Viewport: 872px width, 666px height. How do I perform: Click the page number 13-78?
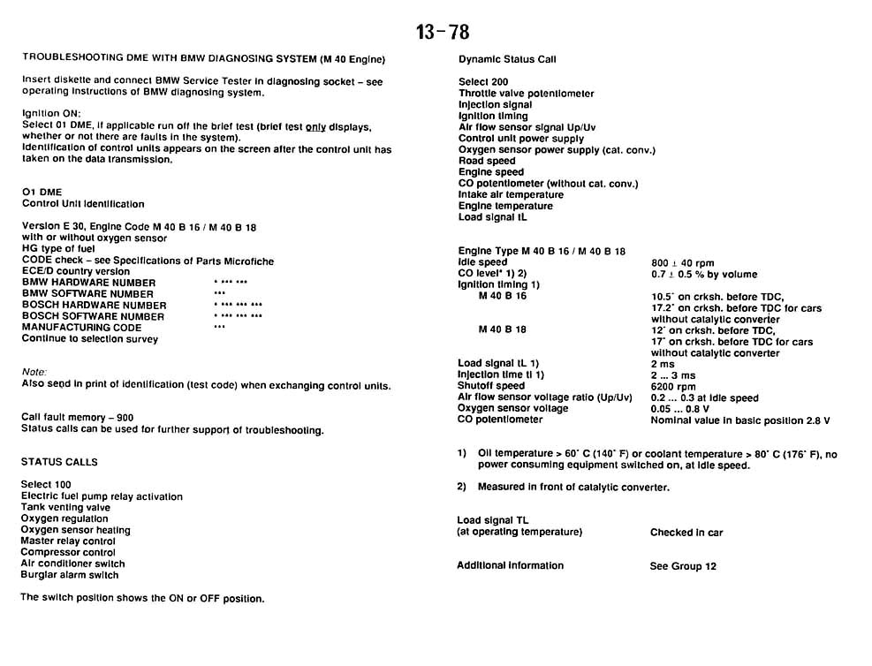(x=443, y=33)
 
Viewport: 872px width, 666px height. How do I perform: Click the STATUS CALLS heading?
(x=59, y=462)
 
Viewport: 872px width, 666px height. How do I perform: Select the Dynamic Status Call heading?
(x=507, y=59)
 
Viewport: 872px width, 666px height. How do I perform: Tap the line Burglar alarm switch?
(x=70, y=575)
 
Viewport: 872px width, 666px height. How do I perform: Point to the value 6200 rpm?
(x=673, y=386)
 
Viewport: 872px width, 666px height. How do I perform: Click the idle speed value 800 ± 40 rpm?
(x=682, y=263)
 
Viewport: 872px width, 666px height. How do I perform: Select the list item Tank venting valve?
(x=65, y=508)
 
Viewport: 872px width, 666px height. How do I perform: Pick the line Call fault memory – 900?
(x=78, y=417)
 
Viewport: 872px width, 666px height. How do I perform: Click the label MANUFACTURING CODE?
(x=81, y=328)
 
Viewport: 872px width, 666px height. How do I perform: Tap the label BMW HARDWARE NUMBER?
(x=88, y=283)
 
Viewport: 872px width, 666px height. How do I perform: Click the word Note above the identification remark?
(x=34, y=372)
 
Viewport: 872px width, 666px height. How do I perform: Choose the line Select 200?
(x=483, y=82)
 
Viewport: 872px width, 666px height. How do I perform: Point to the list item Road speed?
(x=487, y=161)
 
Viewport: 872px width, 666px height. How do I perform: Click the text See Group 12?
(x=683, y=566)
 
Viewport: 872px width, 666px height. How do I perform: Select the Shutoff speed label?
(x=490, y=386)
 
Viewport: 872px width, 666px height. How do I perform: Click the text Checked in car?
(x=686, y=533)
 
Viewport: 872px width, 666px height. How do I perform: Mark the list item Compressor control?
(x=68, y=553)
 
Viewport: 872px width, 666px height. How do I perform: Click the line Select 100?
(x=46, y=485)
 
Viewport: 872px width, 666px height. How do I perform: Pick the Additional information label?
(x=510, y=565)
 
